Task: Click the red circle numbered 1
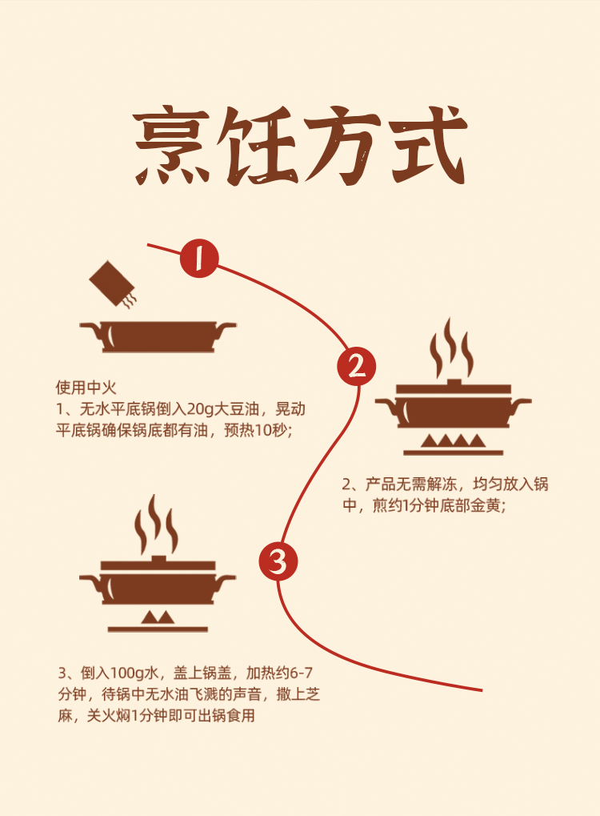pos(199,258)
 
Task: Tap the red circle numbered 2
pos(357,367)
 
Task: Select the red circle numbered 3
pos(278,561)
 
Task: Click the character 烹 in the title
pos(172,146)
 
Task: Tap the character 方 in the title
pos(342,146)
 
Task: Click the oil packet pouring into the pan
pos(113,283)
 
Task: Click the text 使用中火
pos(86,388)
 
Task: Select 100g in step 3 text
pos(127,673)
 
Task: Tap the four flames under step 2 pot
pos(453,441)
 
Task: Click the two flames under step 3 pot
pos(158,617)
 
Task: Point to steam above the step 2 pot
pos(451,347)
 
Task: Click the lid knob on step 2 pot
pos(454,382)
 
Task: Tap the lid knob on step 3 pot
pos(158,559)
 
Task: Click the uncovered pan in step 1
pos(158,336)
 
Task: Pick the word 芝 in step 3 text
pos(313,694)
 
